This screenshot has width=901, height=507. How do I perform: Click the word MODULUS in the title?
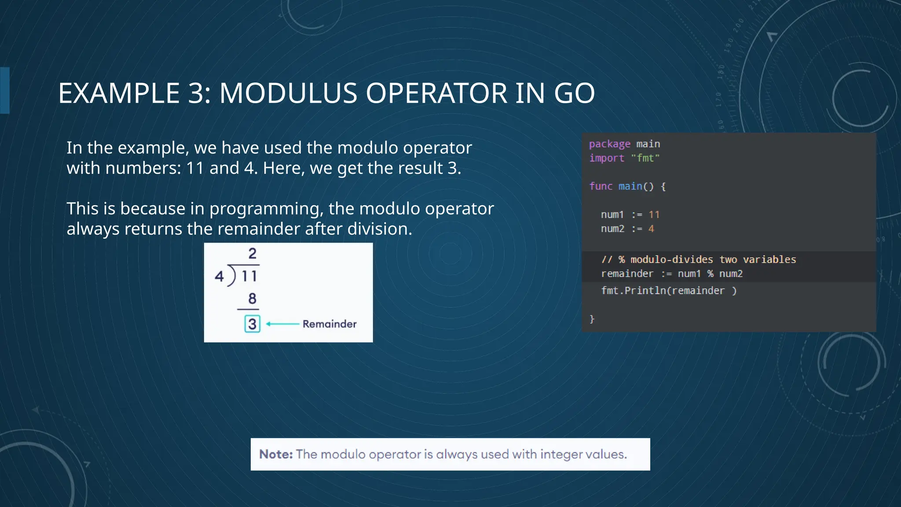coord(288,93)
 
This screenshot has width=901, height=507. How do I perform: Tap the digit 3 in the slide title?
coord(196,93)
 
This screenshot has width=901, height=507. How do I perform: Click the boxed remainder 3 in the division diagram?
coord(252,324)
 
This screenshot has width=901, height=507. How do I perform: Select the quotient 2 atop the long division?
coord(252,253)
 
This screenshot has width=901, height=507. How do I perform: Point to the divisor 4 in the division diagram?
coord(219,276)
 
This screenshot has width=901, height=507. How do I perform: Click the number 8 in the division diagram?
coord(252,299)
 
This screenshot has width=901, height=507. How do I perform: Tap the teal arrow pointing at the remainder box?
coord(282,324)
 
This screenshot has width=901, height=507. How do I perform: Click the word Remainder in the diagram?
coord(330,324)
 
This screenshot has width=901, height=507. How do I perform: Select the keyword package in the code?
coord(609,144)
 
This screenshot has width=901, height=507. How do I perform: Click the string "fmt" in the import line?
coord(645,158)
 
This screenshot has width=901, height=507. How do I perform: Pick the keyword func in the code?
coord(601,186)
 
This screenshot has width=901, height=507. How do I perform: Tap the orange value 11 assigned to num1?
coord(654,215)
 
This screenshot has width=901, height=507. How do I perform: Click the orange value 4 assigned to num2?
coord(651,229)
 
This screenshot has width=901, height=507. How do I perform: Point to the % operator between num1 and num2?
coord(710,274)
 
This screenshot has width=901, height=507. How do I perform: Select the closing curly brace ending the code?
coord(592,319)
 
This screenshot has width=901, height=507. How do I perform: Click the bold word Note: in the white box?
coord(276,454)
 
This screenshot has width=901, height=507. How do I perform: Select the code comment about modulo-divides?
coord(698,260)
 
